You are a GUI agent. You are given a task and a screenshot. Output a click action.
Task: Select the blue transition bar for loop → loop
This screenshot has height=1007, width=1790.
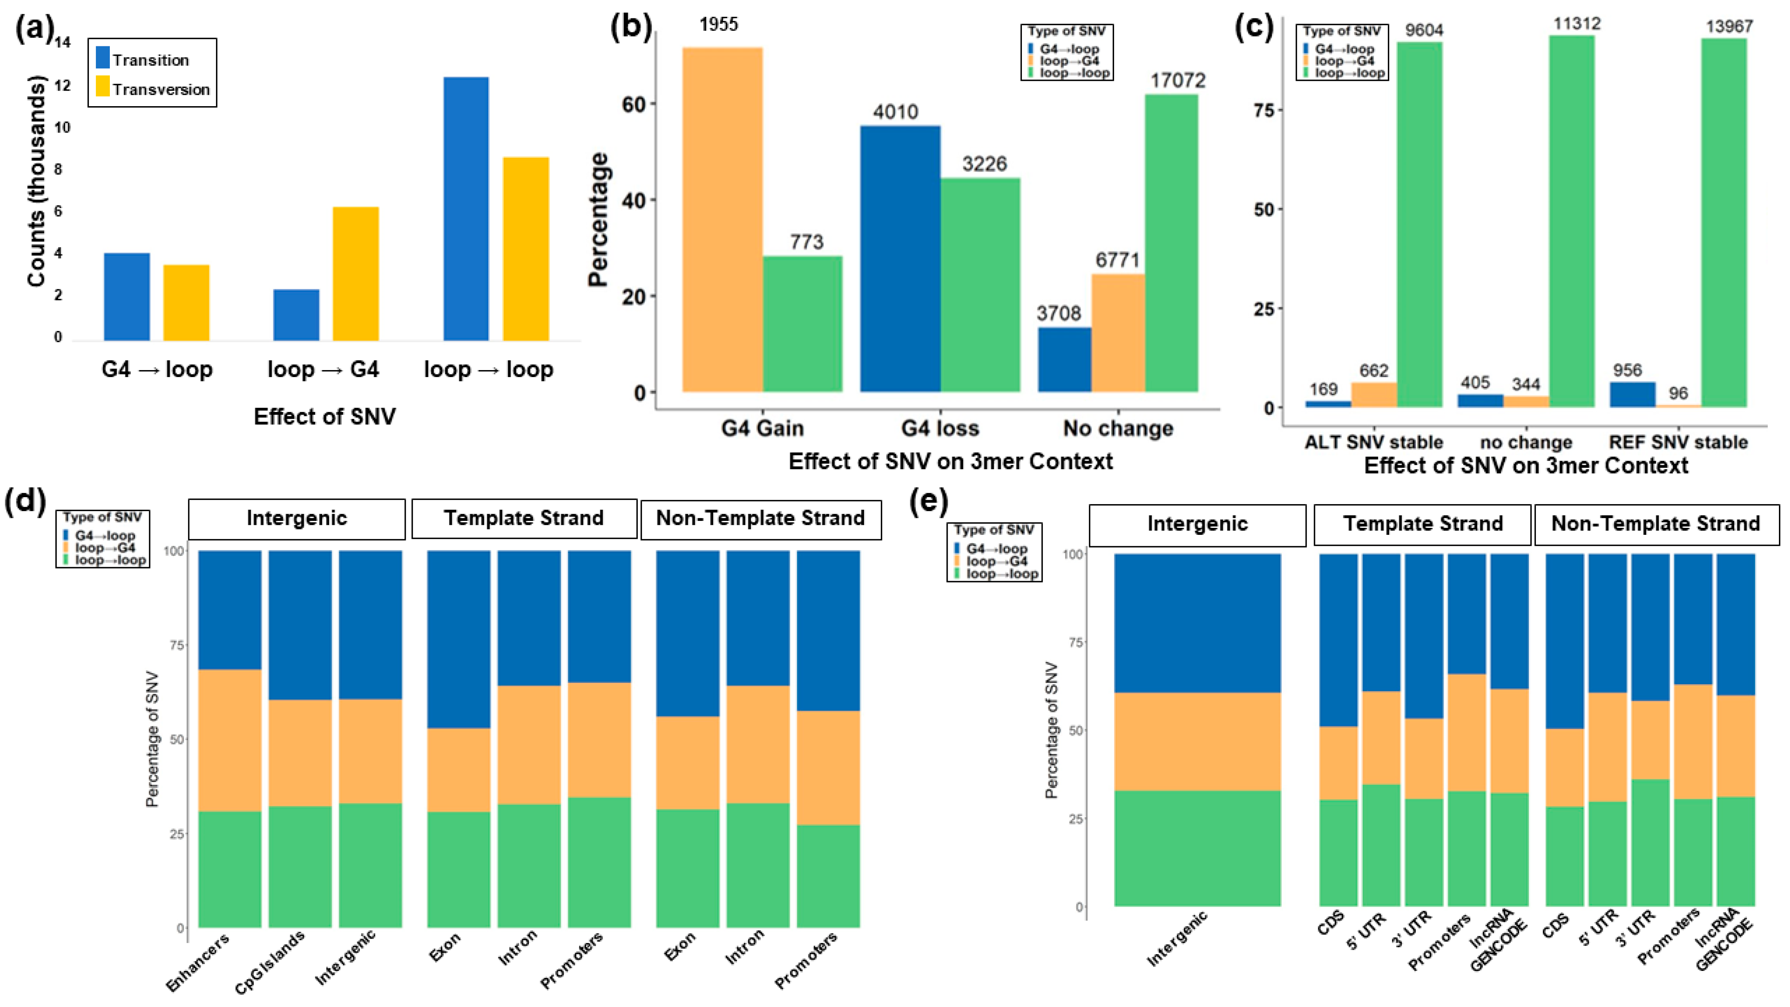(x=466, y=209)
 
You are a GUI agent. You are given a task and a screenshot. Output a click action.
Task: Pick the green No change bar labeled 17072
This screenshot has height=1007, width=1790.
(x=1171, y=243)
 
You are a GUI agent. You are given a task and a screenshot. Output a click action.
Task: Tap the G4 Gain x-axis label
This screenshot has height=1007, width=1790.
(x=762, y=428)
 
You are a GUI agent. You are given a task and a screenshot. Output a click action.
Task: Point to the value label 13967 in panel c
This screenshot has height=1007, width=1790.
(x=1729, y=26)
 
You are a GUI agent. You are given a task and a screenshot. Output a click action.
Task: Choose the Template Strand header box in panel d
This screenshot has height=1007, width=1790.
(x=524, y=518)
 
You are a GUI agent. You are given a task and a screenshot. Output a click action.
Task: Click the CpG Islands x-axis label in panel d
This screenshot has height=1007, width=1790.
(x=270, y=962)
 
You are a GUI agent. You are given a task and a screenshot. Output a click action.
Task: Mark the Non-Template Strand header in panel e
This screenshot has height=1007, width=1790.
(x=1655, y=524)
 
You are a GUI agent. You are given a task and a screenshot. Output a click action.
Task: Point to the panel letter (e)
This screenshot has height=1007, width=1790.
(x=928, y=502)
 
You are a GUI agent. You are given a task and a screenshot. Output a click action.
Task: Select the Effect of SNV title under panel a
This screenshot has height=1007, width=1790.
(x=325, y=417)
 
